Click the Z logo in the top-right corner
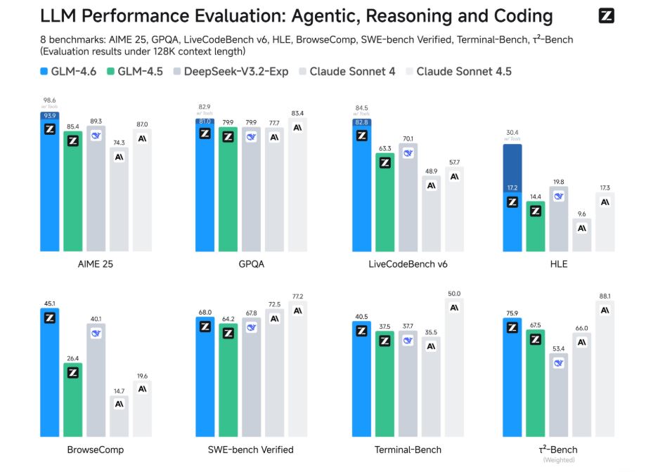point(606,16)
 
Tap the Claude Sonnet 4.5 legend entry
point(458,72)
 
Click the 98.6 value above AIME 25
point(49,101)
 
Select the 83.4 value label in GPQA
point(298,113)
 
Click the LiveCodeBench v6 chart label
point(408,265)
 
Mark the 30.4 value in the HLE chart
point(512,132)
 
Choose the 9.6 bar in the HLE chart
point(582,235)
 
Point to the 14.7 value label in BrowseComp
point(119,391)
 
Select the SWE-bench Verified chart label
point(251,450)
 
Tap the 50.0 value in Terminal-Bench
point(454,294)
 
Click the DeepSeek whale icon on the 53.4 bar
point(559,363)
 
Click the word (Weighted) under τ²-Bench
point(559,460)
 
